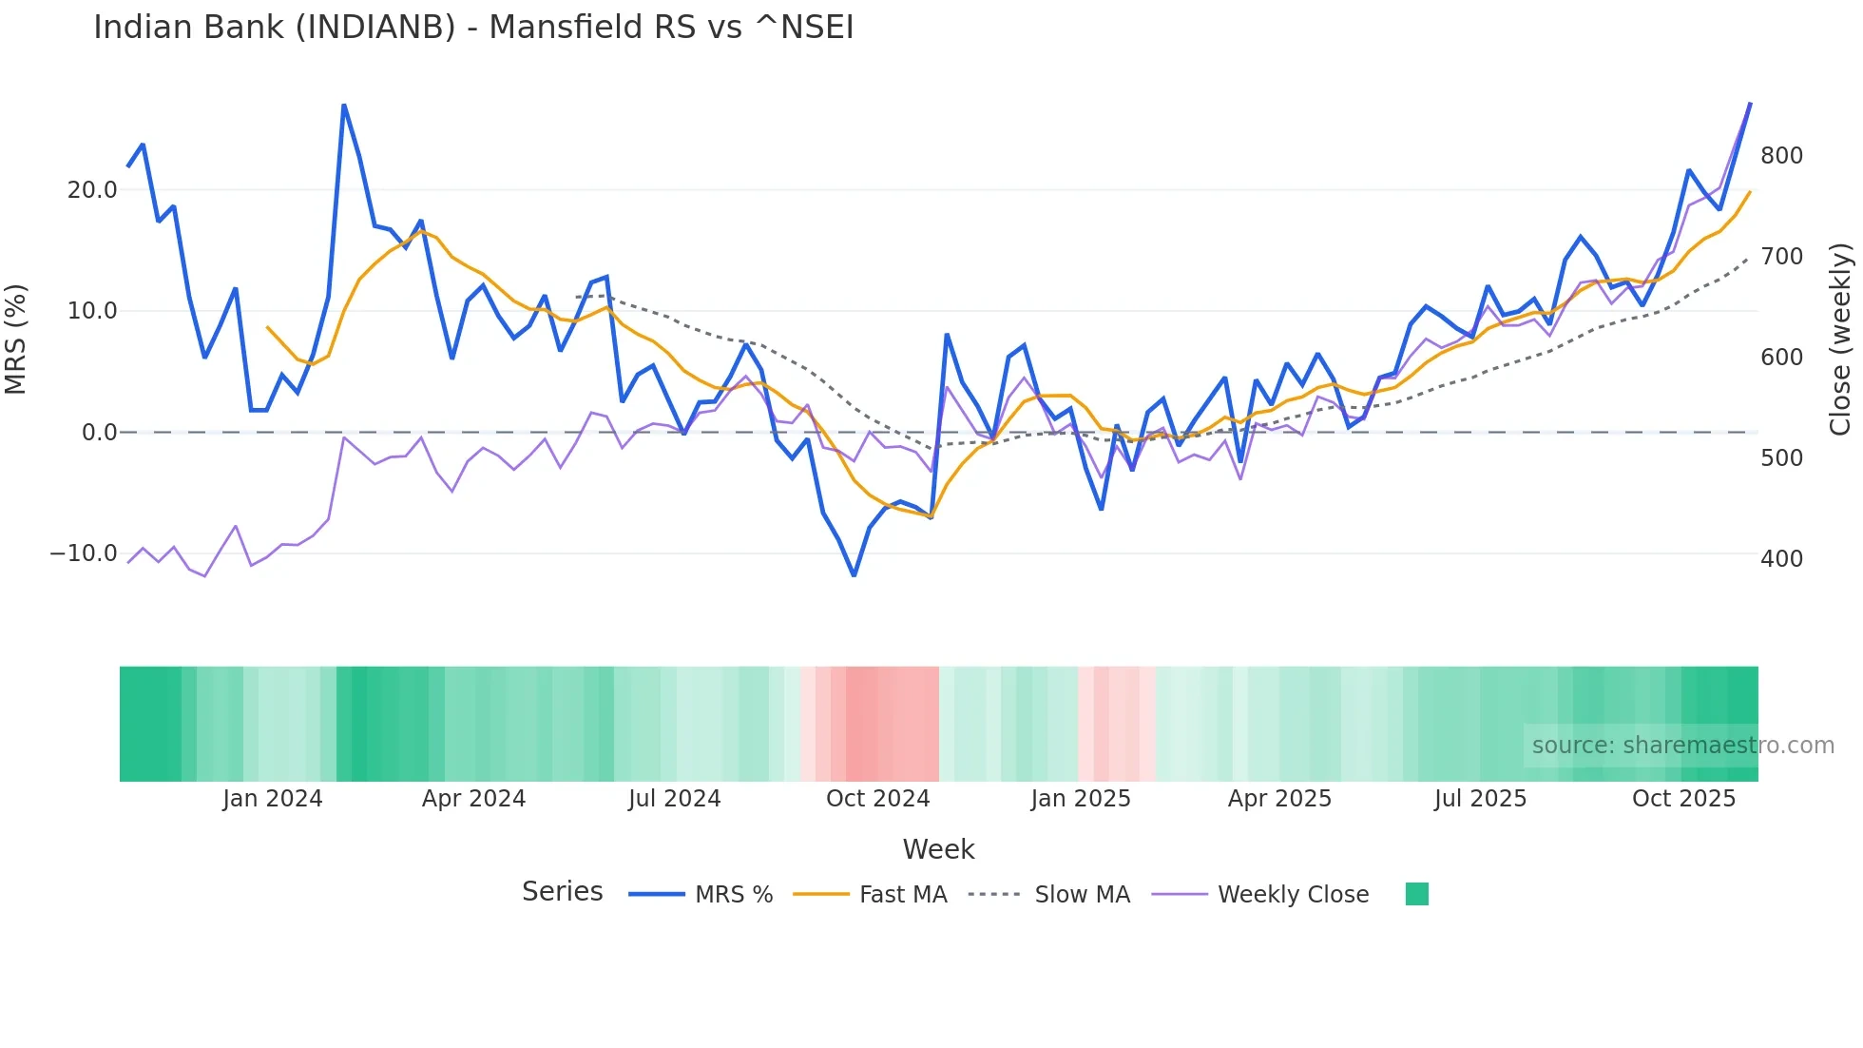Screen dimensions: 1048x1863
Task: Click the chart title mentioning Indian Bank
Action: [473, 28]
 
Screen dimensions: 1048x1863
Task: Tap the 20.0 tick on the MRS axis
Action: [92, 190]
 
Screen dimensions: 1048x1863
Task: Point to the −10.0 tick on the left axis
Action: [84, 553]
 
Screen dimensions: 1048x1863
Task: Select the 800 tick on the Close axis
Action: [1781, 156]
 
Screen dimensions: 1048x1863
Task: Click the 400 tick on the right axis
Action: [1781, 559]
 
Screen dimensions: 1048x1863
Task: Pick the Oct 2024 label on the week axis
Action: [877, 799]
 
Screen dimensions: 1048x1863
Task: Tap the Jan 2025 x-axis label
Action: [1081, 799]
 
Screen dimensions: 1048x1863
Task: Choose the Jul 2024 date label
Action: [674, 799]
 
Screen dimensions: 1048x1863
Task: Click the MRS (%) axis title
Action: [16, 339]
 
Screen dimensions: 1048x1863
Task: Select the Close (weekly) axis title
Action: [1840, 339]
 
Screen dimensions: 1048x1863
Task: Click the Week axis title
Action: [938, 849]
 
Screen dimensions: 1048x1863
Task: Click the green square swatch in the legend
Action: [1416, 894]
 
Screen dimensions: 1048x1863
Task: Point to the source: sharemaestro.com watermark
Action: [1682, 746]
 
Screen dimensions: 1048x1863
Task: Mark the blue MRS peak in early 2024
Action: [343, 106]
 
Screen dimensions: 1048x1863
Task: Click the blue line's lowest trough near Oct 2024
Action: [854, 575]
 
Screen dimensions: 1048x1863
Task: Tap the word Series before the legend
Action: [562, 892]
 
